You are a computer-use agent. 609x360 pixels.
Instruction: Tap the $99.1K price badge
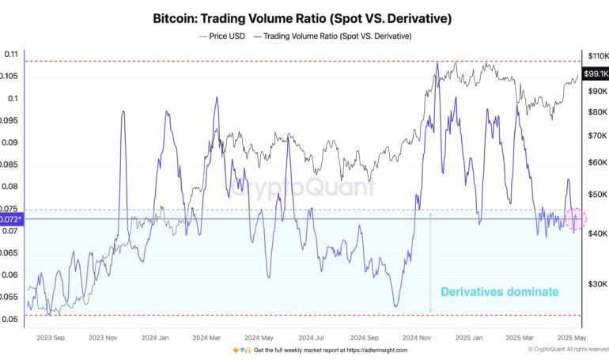(x=595, y=74)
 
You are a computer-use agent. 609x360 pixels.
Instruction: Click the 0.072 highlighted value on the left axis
(x=12, y=218)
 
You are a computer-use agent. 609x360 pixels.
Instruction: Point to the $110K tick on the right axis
(x=596, y=55)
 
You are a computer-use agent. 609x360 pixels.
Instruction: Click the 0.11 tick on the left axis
(x=11, y=54)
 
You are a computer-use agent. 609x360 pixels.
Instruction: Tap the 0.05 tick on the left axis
(x=11, y=319)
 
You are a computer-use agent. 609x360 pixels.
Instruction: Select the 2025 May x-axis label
(x=569, y=335)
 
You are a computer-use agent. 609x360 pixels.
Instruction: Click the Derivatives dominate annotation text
(x=499, y=292)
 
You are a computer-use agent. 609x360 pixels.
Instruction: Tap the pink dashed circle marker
(x=575, y=218)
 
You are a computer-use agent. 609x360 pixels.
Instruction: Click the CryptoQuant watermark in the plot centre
(x=303, y=188)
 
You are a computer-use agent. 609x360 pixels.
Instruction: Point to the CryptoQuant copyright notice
(x=567, y=350)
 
